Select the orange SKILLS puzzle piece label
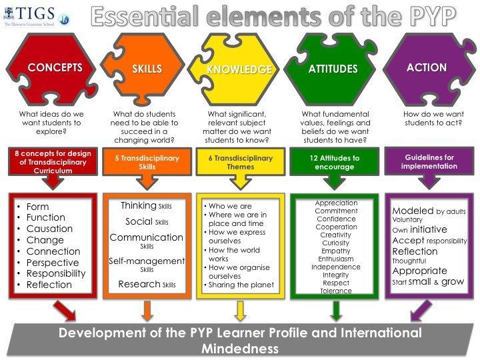(153, 69)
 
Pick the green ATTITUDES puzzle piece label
(333, 69)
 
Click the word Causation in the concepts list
(49, 229)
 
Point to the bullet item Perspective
(53, 263)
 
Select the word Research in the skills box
(139, 284)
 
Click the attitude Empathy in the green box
(336, 251)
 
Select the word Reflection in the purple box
(415, 251)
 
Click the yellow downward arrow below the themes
(240, 310)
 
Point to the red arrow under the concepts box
(65, 311)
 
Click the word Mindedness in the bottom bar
(240, 348)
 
